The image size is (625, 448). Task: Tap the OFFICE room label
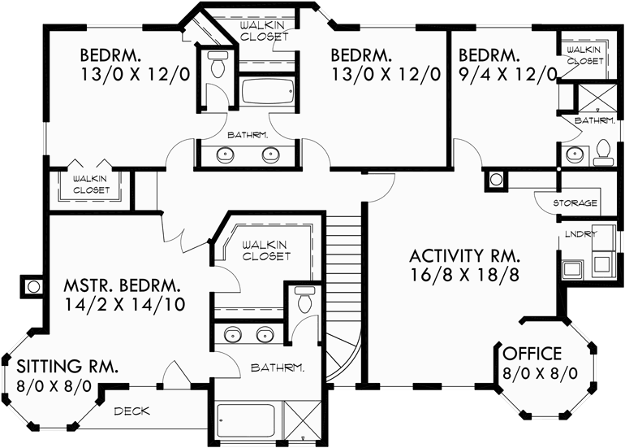(532, 354)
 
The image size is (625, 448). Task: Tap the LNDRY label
(580, 234)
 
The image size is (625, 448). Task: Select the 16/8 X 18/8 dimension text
(464, 273)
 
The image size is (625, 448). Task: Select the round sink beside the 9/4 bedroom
(573, 152)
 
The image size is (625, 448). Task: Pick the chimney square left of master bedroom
(33, 286)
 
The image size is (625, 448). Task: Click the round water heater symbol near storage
(494, 179)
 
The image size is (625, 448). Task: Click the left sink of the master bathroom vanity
(233, 334)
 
